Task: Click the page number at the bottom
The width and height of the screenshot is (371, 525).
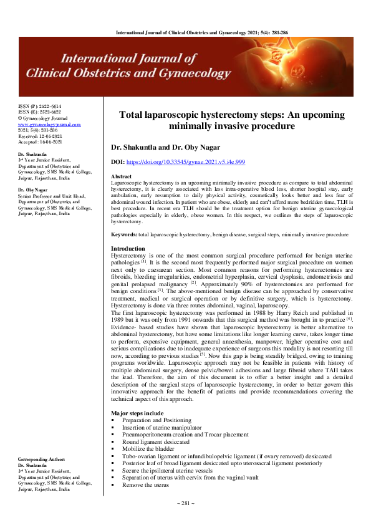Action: point(185,503)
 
